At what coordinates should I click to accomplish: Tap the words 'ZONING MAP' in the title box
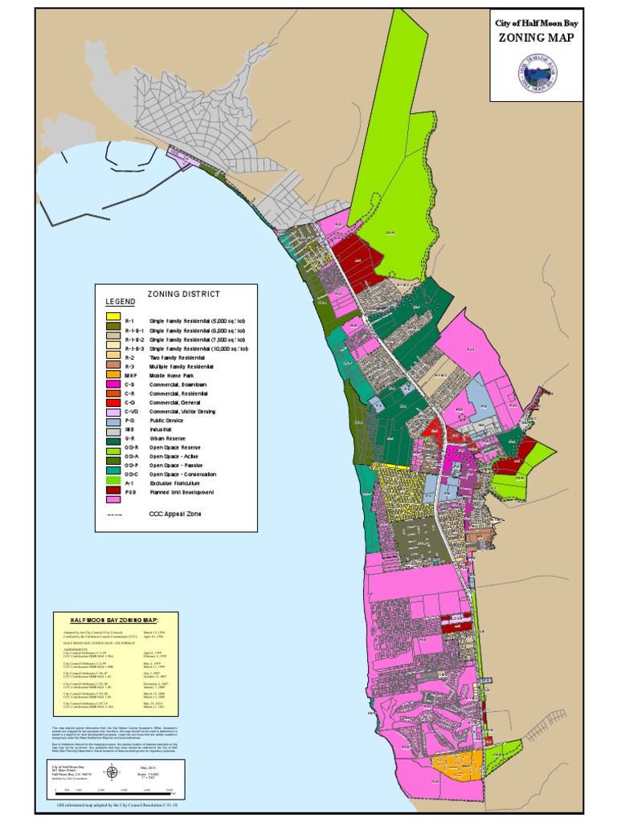(537, 38)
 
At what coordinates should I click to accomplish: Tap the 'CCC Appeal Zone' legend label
(177, 514)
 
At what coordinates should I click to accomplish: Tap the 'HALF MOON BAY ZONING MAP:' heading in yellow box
(114, 621)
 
